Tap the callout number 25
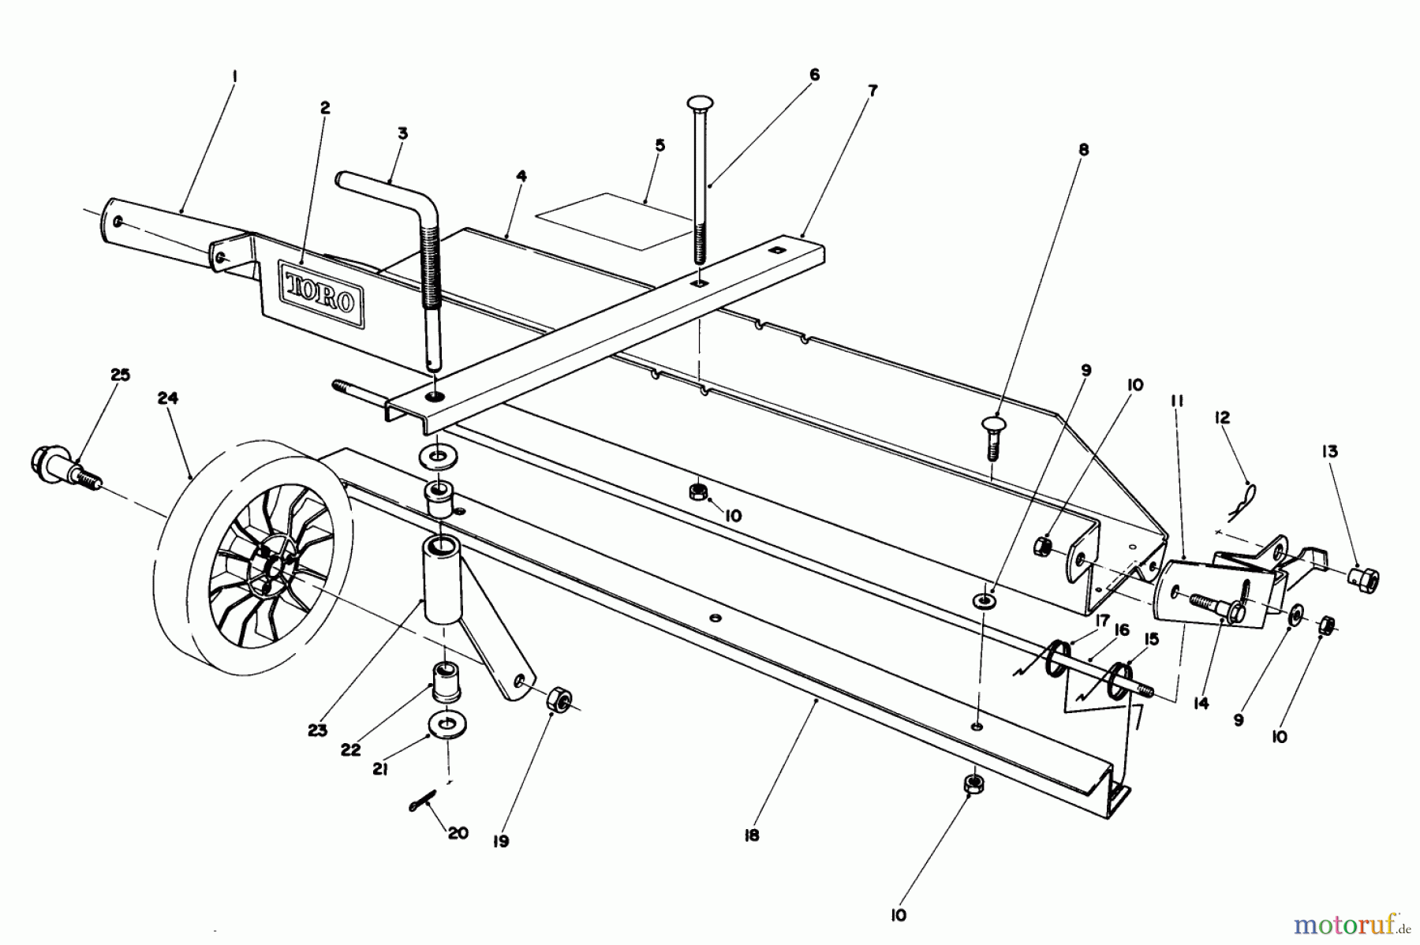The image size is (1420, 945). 120,375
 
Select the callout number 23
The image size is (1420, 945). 317,730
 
